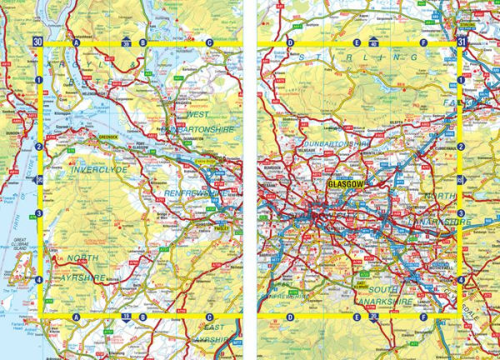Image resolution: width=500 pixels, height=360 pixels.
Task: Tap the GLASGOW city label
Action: (342, 183)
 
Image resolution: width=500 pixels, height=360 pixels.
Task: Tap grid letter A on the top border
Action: (76, 42)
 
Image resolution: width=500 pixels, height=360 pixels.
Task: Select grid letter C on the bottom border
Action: (209, 317)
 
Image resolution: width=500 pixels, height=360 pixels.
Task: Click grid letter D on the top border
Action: (290, 42)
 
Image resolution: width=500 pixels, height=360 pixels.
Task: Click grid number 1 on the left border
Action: (39, 80)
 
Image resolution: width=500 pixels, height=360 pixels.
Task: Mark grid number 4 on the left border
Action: (39, 280)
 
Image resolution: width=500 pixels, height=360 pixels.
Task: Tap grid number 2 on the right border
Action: (460, 146)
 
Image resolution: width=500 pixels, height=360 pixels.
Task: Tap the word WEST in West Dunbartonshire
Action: (198, 114)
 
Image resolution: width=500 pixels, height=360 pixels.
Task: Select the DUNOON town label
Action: (11, 132)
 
